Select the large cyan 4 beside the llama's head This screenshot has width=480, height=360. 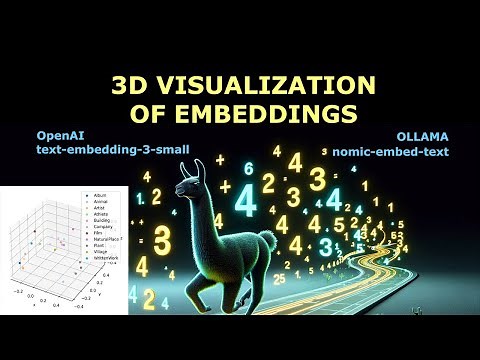coord(246,199)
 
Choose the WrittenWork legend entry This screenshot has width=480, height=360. coord(103,258)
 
